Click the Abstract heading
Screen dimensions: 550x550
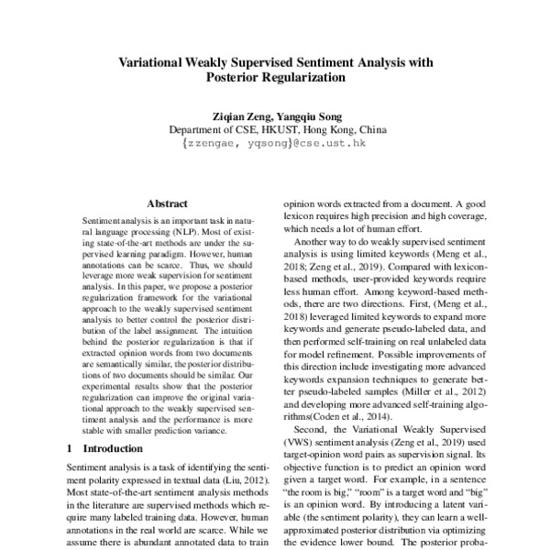click(x=167, y=203)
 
